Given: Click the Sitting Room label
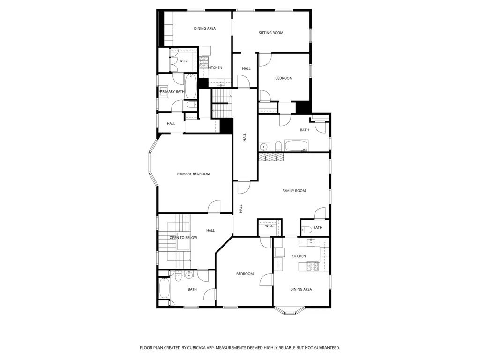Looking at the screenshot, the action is [271, 33].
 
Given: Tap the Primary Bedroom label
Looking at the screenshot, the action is [194, 174].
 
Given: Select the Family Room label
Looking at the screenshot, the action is [294, 191].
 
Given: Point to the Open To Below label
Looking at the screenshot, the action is [183, 238].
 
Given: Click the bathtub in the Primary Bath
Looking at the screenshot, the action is [190, 86].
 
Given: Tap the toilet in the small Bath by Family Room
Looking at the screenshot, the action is [307, 229].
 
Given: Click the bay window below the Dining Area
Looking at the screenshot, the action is [289, 310].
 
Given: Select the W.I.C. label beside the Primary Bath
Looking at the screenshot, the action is [184, 61].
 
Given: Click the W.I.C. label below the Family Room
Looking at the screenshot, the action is [270, 226].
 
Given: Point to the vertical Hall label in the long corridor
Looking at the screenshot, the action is [245, 137].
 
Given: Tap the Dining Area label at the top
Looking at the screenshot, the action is [205, 28].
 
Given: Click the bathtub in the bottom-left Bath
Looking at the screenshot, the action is [165, 287].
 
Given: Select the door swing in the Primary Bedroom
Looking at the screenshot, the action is [214, 206].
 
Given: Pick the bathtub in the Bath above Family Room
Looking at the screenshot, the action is [296, 145].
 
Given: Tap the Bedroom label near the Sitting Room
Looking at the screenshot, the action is [284, 78].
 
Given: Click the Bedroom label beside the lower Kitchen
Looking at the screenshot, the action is [245, 274].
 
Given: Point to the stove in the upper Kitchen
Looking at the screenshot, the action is [204, 63].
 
